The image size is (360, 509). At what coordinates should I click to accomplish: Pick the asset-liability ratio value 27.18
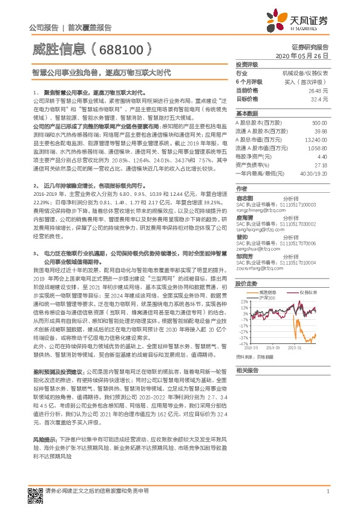[x=321, y=164]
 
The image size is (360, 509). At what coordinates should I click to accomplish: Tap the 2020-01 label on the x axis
[x=295, y=348]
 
